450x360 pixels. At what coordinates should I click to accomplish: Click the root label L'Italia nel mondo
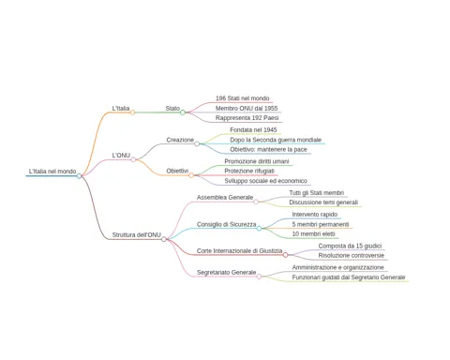(x=52, y=172)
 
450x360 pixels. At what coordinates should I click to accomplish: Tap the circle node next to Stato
(x=183, y=112)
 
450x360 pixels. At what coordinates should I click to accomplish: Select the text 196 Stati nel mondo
(x=242, y=98)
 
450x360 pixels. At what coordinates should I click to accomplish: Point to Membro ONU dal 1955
(x=247, y=108)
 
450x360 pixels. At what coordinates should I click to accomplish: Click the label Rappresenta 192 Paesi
(x=247, y=118)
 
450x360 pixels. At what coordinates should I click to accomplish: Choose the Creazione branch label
(x=180, y=140)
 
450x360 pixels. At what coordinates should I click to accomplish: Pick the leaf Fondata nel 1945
(x=253, y=129)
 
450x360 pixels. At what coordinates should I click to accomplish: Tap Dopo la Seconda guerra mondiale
(x=276, y=140)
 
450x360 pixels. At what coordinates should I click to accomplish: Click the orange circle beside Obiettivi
(x=191, y=175)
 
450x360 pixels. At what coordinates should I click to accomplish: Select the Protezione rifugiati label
(x=249, y=171)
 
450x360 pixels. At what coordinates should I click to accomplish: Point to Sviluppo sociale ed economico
(x=265, y=181)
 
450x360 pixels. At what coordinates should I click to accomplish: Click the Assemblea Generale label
(x=225, y=198)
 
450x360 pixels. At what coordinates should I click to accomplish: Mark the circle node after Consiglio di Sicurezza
(x=259, y=229)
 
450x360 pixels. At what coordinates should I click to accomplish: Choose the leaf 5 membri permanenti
(x=321, y=224)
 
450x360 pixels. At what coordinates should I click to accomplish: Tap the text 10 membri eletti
(x=313, y=233)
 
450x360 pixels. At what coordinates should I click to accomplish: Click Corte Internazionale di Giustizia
(x=239, y=251)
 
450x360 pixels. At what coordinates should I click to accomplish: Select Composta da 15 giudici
(x=350, y=246)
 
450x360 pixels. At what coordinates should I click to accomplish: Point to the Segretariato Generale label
(x=226, y=273)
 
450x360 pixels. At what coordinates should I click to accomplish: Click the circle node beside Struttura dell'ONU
(x=164, y=239)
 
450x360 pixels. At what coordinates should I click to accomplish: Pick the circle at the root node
(x=79, y=176)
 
